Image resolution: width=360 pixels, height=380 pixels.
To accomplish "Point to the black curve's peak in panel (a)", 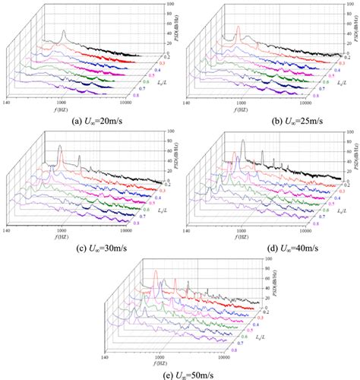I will point(65,32).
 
